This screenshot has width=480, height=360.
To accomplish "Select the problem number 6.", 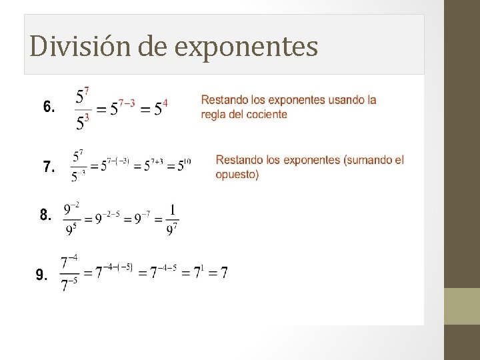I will pyautogui.click(x=49, y=107).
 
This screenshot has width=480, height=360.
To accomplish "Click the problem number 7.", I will pyautogui.click(x=49, y=167).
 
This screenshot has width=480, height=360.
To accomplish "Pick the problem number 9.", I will pyautogui.click(x=41, y=275).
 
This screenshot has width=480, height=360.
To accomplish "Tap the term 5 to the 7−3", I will pyautogui.click(x=123, y=107).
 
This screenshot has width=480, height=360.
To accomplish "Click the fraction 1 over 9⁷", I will pyautogui.click(x=172, y=219).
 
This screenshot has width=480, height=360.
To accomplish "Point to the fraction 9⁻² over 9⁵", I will pyautogui.click(x=71, y=219).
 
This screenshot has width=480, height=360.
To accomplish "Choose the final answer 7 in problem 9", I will pyautogui.click(x=224, y=273).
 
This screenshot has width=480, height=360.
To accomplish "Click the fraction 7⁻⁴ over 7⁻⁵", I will pyautogui.click(x=69, y=273).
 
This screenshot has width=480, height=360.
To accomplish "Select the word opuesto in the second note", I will pyautogui.click(x=237, y=175).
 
